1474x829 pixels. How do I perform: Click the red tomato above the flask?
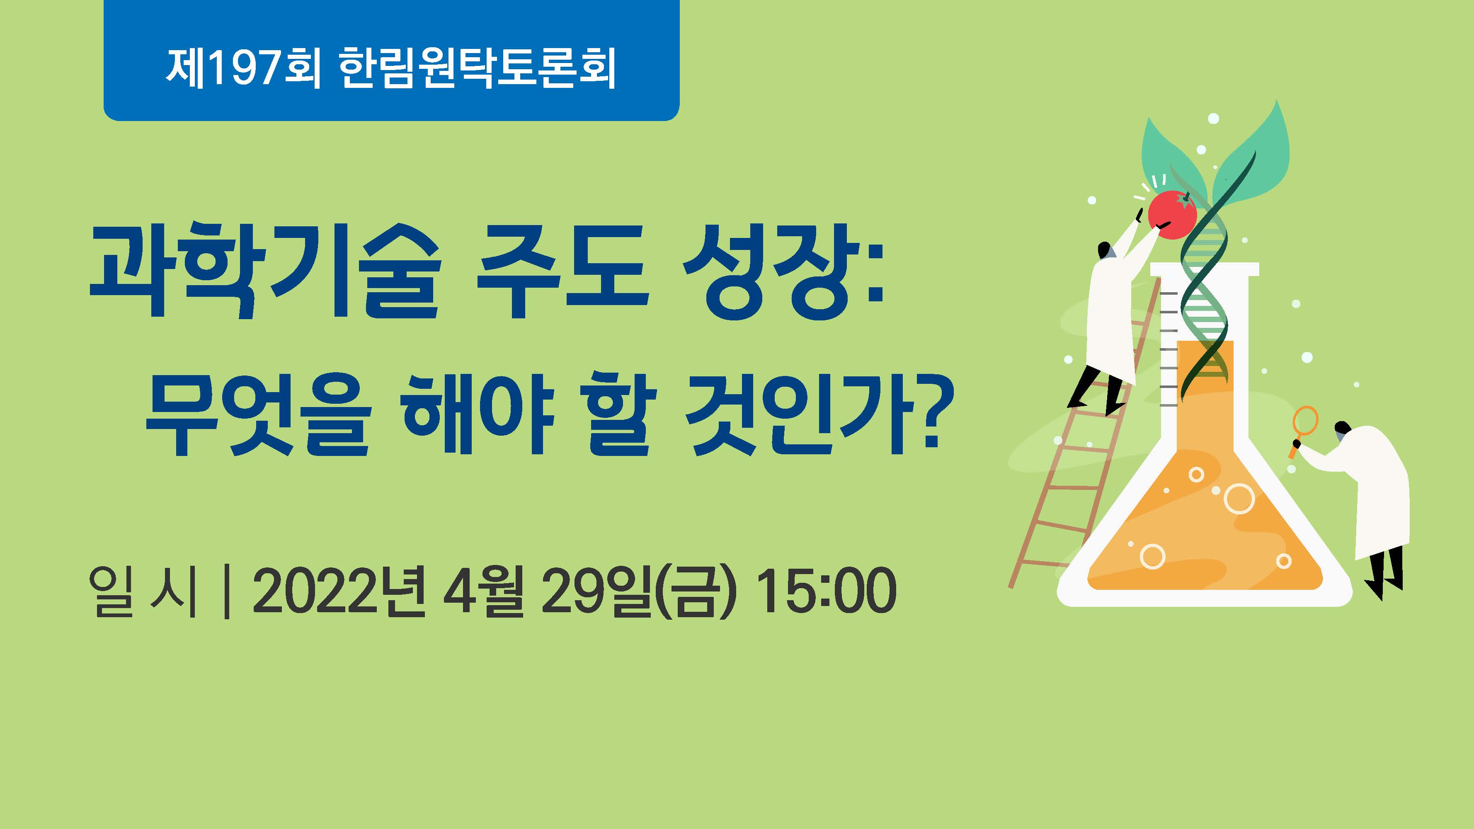(1172, 215)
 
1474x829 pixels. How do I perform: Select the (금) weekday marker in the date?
(697, 591)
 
